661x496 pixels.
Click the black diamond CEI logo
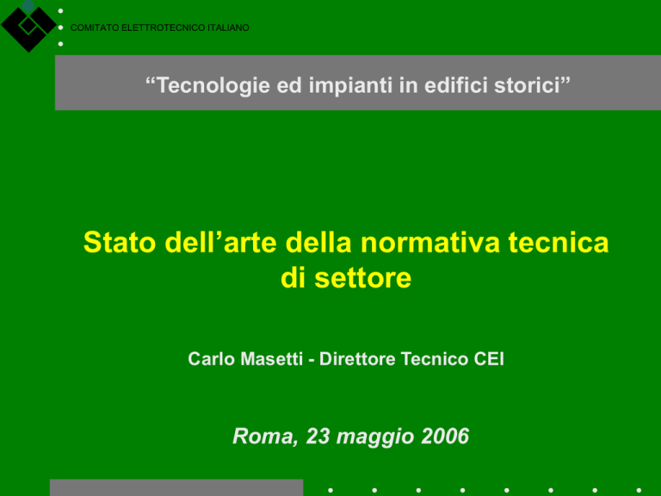(x=28, y=26)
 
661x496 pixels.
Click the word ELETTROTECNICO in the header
(x=164, y=28)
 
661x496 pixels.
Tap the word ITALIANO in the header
(x=228, y=28)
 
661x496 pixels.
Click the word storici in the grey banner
(x=532, y=84)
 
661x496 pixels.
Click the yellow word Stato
(x=120, y=242)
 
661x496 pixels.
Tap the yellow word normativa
(x=430, y=242)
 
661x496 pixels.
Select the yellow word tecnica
(x=558, y=242)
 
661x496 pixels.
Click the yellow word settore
(x=362, y=278)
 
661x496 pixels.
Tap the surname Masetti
(x=271, y=359)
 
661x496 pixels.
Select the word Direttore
(x=357, y=359)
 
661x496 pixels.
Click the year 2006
(x=445, y=436)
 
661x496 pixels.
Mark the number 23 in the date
(x=318, y=436)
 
